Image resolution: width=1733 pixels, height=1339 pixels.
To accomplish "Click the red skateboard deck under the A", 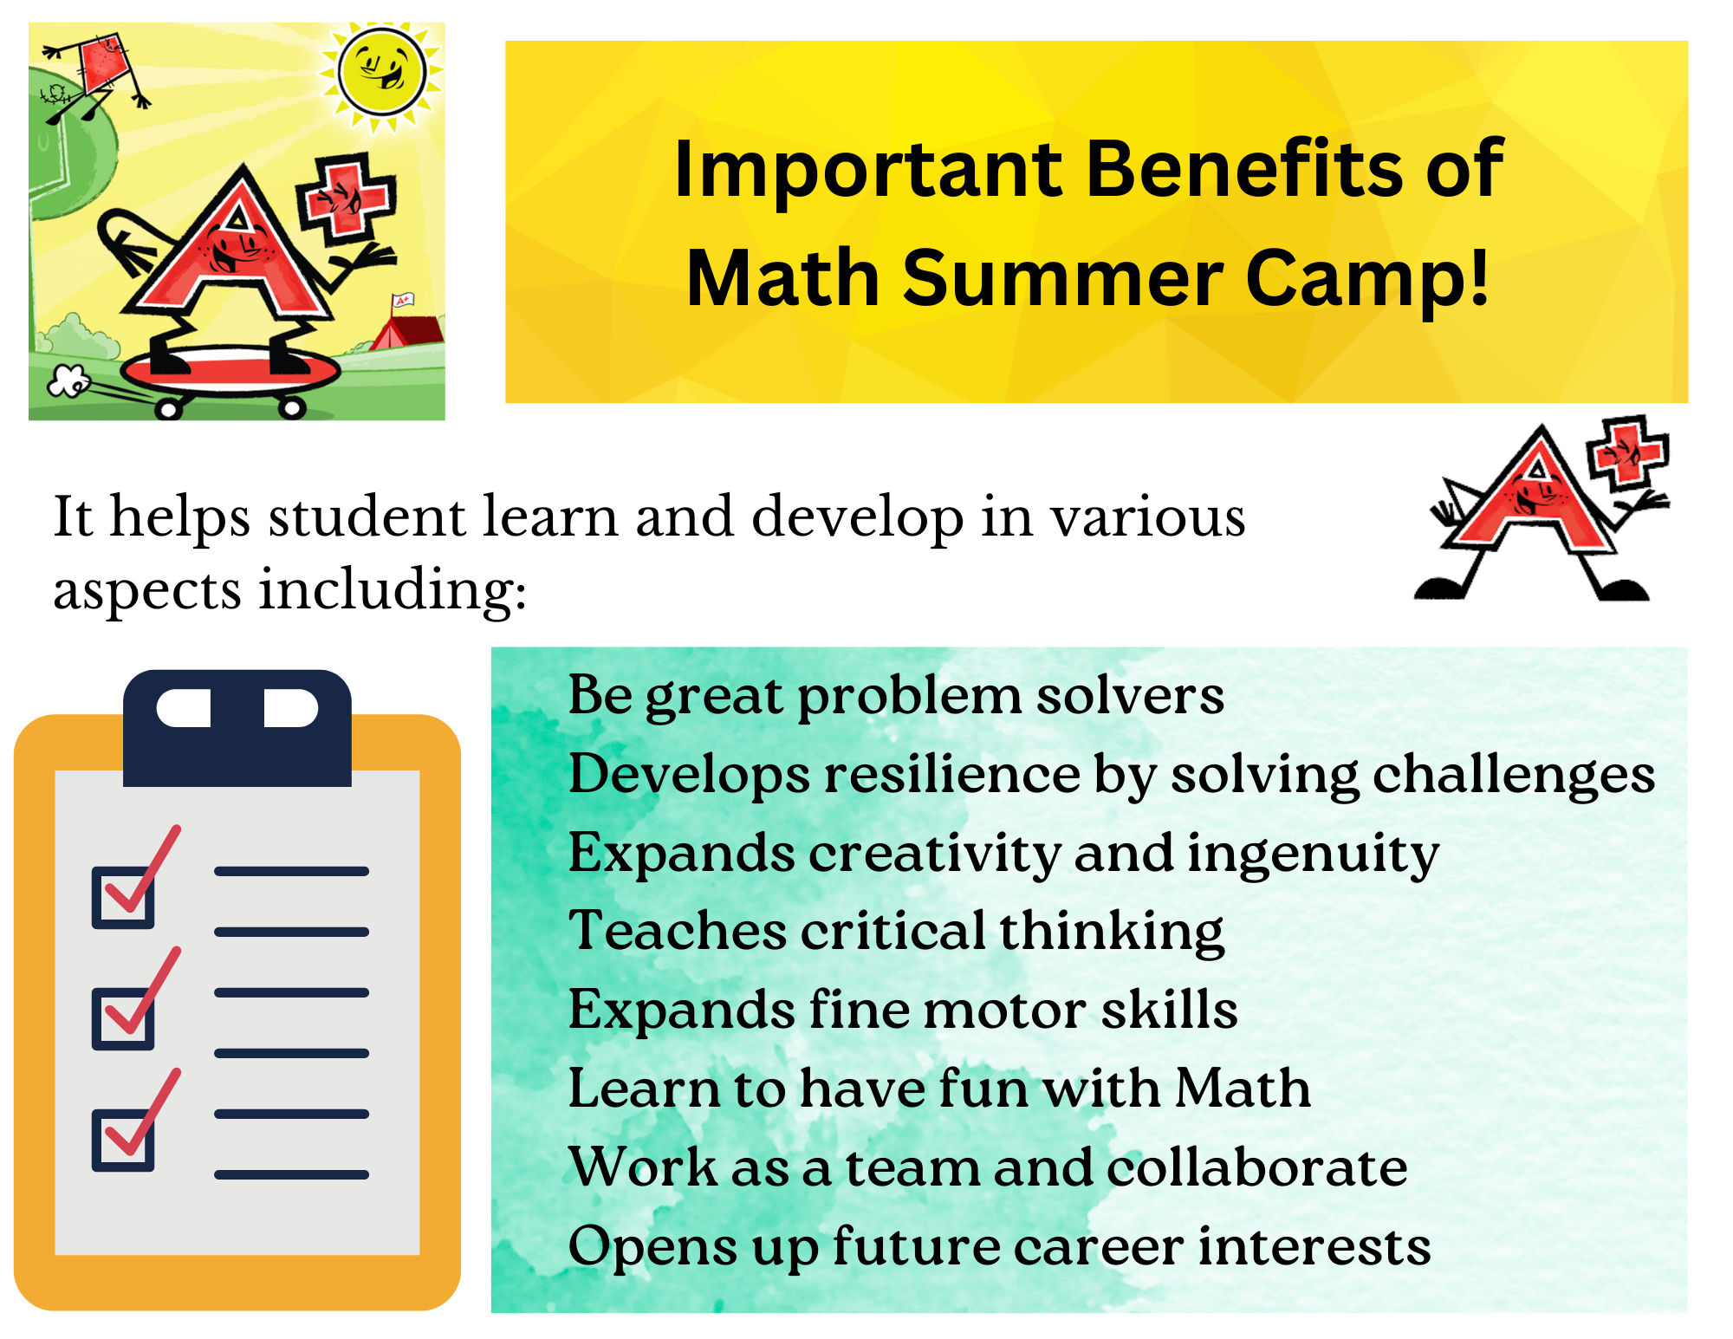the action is [x=230, y=371].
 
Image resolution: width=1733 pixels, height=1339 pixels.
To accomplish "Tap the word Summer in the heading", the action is [x=1062, y=279].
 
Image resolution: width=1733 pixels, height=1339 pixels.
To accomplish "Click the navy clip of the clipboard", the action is [x=237, y=728].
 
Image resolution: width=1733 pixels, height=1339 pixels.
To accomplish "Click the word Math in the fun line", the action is [x=1243, y=1088].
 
